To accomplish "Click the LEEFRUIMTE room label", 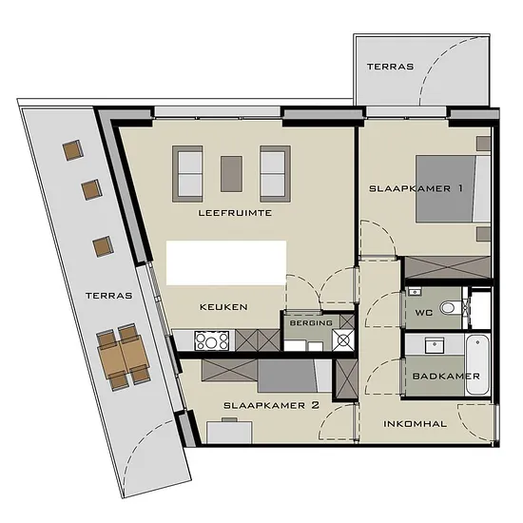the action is [235, 213].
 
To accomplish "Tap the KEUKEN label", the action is [223, 307].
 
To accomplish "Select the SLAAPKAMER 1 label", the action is [416, 188].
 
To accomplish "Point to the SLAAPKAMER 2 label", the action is [271, 405].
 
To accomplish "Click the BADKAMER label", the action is [446, 377].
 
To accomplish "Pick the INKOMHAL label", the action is [415, 424].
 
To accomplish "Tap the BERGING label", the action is [311, 323].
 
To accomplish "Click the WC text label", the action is [423, 313].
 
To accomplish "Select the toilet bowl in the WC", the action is [449, 307].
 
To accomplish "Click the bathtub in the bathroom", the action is [477, 365].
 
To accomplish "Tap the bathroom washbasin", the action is [435, 345].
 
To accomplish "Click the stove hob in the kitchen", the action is [212, 340].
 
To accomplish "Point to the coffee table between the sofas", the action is [231, 174].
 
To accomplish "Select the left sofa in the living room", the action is [187, 173].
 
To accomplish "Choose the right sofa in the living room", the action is [275, 173].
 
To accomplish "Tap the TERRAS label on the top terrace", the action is [390, 67].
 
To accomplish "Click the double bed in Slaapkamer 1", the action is [453, 188].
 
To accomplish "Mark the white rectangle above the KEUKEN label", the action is [226, 262].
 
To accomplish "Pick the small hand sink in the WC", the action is [415, 292].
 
